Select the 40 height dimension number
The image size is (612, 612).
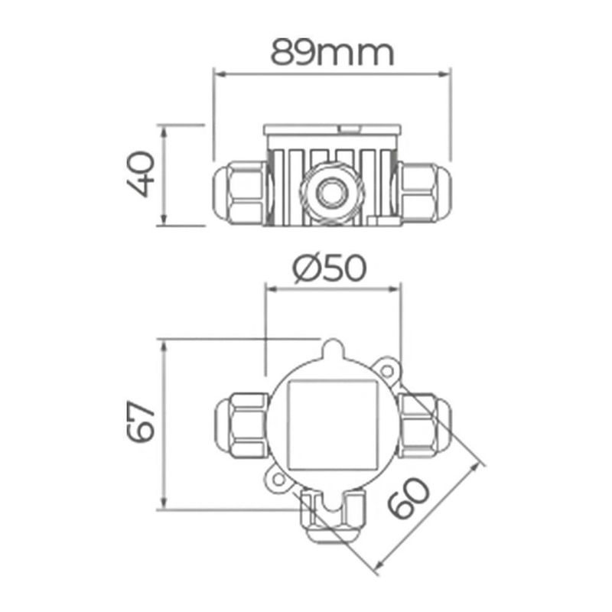[142, 175]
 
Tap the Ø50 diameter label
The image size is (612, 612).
[330, 269]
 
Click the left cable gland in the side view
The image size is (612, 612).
[239, 192]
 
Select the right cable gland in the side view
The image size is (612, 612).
[424, 192]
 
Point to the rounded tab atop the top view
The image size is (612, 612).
[333, 352]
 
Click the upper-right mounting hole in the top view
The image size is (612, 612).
[388, 372]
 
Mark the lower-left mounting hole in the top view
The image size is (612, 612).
[278, 480]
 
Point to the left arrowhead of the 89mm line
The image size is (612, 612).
[216, 75]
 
